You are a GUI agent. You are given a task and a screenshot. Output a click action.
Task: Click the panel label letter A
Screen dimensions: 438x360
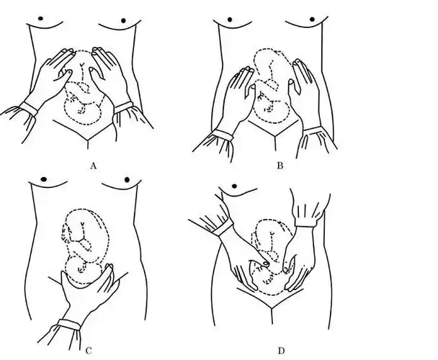point(94,166)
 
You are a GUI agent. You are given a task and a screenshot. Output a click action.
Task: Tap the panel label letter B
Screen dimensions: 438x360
point(280,166)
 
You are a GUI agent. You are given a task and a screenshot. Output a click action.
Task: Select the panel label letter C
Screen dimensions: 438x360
point(89,351)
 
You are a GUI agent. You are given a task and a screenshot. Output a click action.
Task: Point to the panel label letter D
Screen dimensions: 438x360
point(281,351)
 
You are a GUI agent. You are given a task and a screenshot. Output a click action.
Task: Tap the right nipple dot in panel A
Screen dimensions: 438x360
point(123,20)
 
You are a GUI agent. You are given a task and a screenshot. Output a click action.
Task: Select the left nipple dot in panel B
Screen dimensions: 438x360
point(230,19)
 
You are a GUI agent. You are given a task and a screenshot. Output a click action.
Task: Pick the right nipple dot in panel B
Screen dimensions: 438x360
point(313,19)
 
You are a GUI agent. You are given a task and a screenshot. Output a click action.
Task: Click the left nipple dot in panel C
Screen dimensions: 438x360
point(44,179)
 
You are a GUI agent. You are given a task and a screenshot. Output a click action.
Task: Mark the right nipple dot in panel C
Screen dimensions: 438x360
point(128,179)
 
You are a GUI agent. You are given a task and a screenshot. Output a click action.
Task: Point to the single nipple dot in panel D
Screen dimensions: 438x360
point(234,186)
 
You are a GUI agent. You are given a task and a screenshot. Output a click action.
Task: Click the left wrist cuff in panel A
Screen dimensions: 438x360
point(29,109)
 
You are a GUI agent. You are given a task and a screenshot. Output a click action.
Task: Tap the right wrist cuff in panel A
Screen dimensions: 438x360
point(123,108)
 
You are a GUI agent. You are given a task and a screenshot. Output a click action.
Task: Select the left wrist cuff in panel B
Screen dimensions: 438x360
point(223,136)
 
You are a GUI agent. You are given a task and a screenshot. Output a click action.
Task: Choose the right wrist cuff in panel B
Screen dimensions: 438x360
point(313,130)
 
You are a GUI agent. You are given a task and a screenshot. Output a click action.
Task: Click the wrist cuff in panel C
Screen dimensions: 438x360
point(69,325)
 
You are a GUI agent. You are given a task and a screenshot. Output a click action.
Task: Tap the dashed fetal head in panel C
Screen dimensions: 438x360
point(83,270)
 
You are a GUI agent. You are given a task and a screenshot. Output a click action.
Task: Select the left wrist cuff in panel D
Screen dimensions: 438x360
point(223,228)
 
